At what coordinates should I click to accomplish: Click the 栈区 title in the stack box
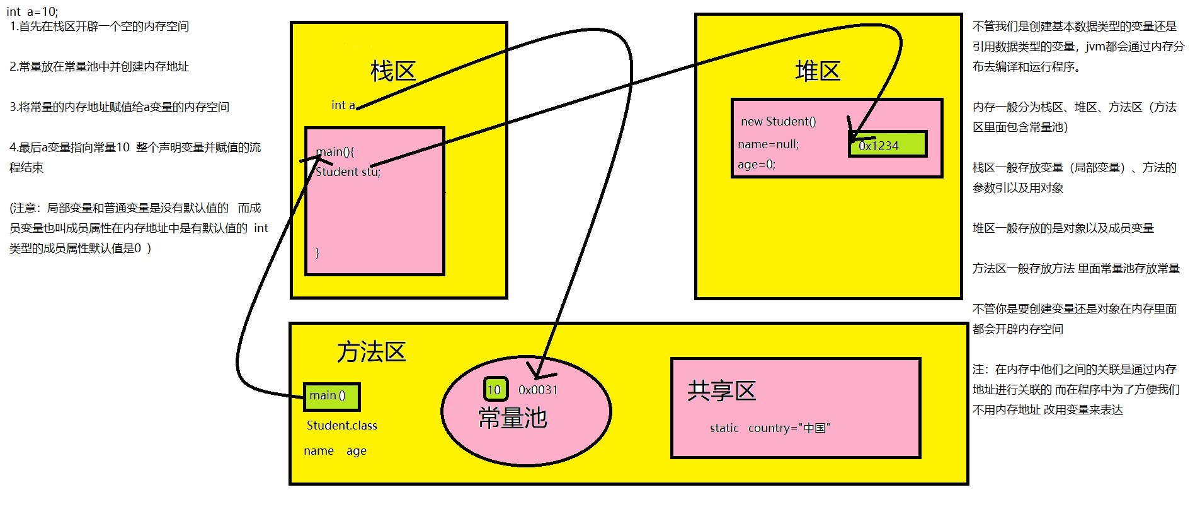click(x=393, y=71)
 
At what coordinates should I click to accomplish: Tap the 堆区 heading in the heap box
click(x=818, y=71)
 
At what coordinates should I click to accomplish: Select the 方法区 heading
click(x=372, y=352)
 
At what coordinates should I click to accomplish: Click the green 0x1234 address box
click(x=888, y=144)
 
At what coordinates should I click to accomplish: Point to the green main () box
click(x=331, y=396)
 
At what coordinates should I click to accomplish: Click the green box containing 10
click(x=495, y=389)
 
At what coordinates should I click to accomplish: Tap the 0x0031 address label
click(x=538, y=390)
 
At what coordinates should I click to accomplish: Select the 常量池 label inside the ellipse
click(x=513, y=418)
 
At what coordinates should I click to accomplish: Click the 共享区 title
click(x=721, y=391)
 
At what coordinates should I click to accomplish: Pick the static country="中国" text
click(x=770, y=428)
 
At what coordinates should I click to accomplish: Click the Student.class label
click(x=342, y=426)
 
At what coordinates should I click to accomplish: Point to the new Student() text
click(x=778, y=122)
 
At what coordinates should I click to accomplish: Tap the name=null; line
click(x=768, y=144)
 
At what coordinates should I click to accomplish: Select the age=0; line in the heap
click(x=757, y=165)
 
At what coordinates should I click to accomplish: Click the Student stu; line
click(x=348, y=172)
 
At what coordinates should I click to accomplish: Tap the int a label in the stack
click(x=343, y=105)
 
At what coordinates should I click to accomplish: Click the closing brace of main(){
click(x=317, y=252)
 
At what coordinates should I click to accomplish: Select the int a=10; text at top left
click(x=32, y=11)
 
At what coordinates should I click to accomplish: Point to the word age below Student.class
click(x=356, y=451)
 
